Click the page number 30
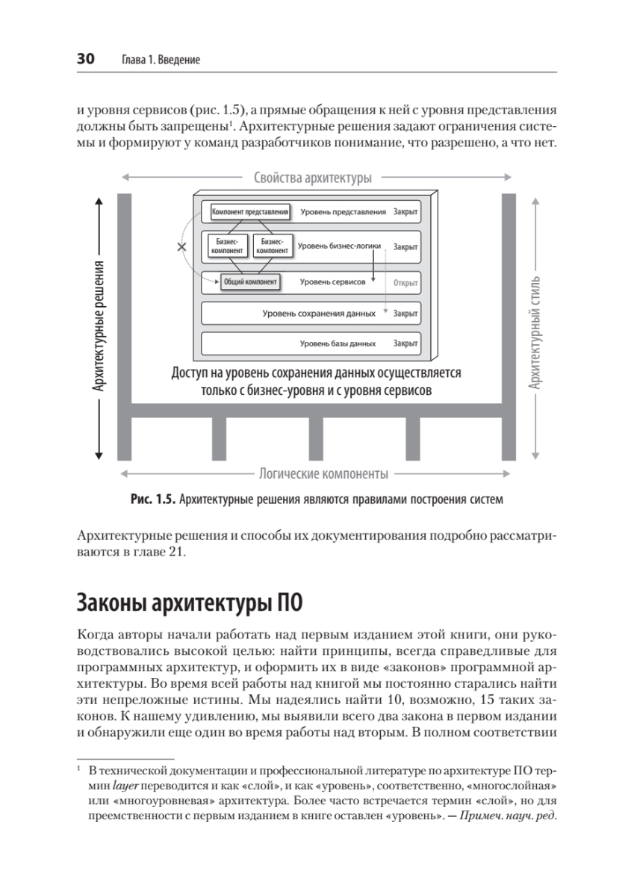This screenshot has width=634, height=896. pos(85,59)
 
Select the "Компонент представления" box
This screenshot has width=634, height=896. pos(250,212)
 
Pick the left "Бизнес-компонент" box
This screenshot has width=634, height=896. pos(227,247)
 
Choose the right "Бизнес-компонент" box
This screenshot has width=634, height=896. pos(272,247)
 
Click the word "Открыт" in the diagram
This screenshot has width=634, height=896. pos(405,283)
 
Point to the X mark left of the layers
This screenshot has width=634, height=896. pos(181,246)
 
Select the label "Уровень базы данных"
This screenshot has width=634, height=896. pos(338,344)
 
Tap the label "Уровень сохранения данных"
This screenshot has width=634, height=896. pos(319,314)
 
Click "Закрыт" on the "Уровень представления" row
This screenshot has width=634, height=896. pos(405,212)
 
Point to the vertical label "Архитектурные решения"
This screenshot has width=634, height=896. pos(98,326)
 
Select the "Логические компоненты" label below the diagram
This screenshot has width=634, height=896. pos(323,474)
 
